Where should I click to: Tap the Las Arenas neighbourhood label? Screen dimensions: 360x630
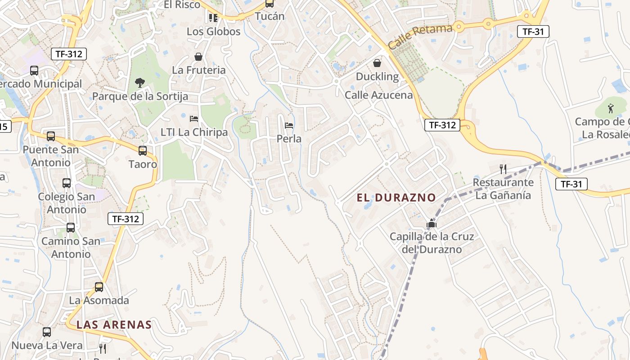(113, 324)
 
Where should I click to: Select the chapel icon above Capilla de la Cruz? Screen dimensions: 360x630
(432, 223)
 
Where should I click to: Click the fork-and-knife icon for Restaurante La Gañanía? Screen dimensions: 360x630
(504, 169)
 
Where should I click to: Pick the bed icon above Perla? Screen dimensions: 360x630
(289, 126)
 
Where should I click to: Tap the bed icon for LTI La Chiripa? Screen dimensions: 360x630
(194, 119)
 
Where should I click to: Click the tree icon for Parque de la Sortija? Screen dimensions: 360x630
(140, 82)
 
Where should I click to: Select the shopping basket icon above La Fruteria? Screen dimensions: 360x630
(198, 57)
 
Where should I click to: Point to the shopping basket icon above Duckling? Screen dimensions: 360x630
(377, 63)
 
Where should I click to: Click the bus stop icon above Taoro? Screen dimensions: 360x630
(143, 151)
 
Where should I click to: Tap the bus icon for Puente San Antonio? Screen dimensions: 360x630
(51, 136)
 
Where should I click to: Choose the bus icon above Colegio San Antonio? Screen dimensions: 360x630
(67, 183)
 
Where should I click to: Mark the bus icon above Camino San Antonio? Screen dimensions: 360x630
(71, 228)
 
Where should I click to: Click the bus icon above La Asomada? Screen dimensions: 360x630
(99, 287)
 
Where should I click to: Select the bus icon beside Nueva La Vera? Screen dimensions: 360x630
(47, 332)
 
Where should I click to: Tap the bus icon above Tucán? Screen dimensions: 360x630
(270, 4)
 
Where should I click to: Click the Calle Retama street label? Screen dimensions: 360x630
(420, 37)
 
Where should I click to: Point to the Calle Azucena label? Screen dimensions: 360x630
(378, 95)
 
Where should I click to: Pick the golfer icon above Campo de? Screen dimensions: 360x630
(611, 108)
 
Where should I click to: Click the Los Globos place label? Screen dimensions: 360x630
(214, 31)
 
